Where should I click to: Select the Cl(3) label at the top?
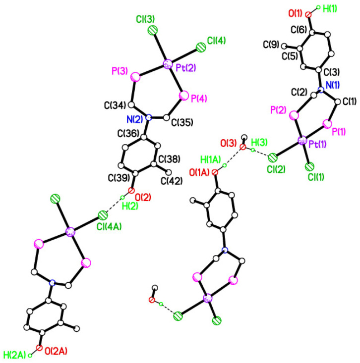pyautogui.click(x=145, y=20)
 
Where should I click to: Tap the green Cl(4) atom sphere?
pyautogui.click(x=201, y=48)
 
